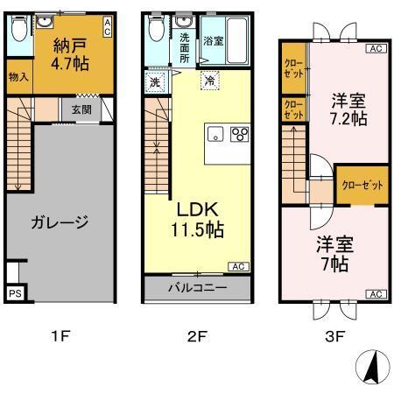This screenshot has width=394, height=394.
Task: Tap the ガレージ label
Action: tap(60, 222)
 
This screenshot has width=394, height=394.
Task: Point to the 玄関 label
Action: tap(81, 109)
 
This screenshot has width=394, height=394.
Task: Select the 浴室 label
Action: tap(214, 41)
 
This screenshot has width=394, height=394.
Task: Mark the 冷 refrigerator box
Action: tap(208, 81)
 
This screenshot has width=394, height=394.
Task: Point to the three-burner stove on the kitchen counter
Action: tap(239, 135)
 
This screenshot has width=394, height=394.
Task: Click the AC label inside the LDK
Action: tap(236, 266)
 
